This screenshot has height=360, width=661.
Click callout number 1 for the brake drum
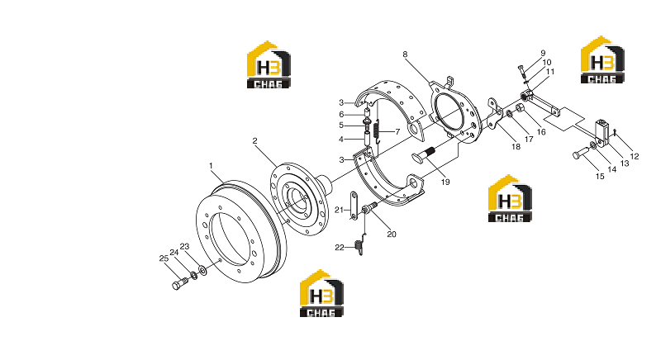tap(211, 166)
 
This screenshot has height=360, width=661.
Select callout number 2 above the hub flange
tap(254, 140)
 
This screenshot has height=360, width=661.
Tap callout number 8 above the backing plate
tap(405, 54)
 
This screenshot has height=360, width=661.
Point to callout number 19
tap(445, 182)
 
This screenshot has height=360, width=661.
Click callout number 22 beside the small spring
tap(340, 248)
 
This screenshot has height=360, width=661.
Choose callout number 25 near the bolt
tap(164, 258)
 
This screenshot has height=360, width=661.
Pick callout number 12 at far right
tap(635, 156)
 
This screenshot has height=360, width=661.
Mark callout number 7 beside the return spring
tap(397, 132)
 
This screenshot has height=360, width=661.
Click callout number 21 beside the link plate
tap(340, 210)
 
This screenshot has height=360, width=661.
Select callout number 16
tap(541, 132)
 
